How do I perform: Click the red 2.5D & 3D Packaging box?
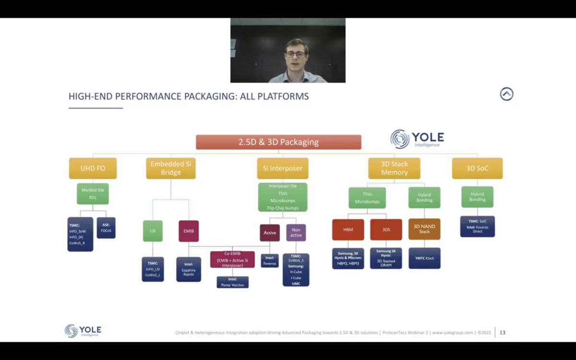278,142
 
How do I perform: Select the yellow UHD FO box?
93,168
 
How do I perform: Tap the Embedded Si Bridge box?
171,168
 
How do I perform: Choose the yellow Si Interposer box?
282,168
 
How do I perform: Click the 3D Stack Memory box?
394,168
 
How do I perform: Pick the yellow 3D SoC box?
477,168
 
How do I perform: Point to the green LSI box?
153,231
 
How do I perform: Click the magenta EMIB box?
189,231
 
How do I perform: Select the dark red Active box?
270,233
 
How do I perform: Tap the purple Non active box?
296,233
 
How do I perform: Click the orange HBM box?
348,229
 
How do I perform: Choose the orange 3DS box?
386,229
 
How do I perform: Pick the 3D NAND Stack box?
424,229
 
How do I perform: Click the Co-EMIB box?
232,259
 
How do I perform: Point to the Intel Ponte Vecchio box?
232,282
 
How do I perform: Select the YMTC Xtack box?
424,258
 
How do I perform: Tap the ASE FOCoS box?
106,228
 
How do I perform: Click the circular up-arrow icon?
506,94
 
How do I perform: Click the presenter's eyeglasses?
296,55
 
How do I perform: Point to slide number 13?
502,332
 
